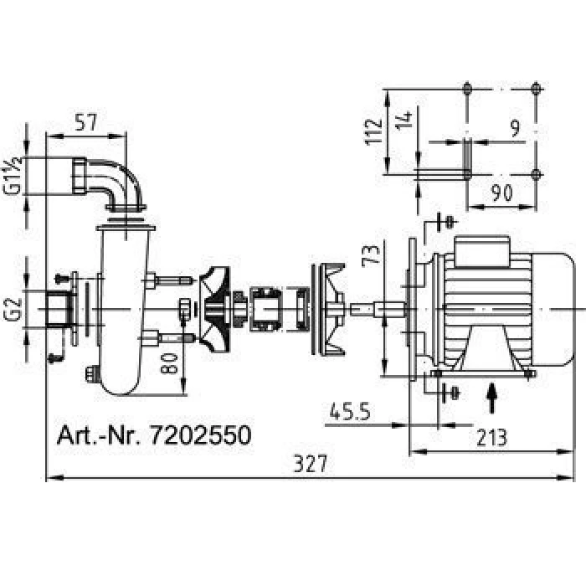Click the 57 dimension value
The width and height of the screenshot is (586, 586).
(86, 122)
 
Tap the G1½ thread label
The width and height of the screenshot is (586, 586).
(13, 176)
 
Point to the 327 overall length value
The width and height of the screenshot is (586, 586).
(311, 464)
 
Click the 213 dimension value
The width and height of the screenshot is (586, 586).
(491, 438)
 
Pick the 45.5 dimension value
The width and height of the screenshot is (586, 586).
(349, 412)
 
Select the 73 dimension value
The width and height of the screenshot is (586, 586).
(371, 256)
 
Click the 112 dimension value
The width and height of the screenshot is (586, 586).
(373, 131)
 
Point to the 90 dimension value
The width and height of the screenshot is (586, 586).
(501, 193)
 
